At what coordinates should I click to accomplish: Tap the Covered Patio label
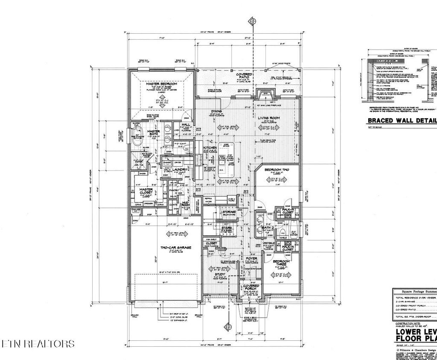click(244, 76)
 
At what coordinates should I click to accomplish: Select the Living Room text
click(268, 118)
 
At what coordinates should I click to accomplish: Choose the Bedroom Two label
click(277, 170)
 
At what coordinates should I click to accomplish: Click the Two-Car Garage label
click(175, 248)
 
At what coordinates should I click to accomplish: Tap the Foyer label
click(251, 259)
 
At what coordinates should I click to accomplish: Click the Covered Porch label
click(250, 288)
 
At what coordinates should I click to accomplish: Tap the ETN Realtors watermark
click(38, 344)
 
